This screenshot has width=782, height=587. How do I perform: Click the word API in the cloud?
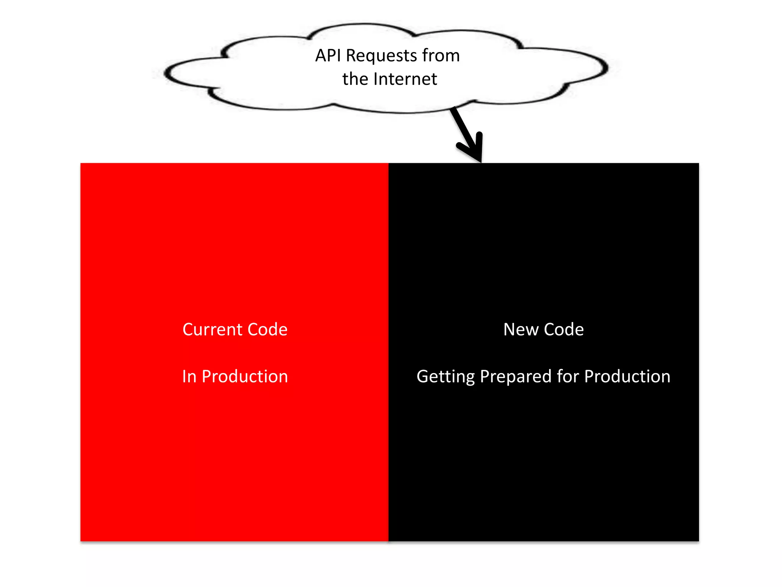point(328,56)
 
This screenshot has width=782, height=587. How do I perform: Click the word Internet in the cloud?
point(405,79)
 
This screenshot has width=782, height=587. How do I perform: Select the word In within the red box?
point(189,376)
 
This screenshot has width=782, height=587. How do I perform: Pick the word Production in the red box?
point(245,376)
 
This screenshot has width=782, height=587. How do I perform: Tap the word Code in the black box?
point(564,329)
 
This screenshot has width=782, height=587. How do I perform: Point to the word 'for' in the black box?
point(567,376)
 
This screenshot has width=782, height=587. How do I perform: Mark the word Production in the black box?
point(627,376)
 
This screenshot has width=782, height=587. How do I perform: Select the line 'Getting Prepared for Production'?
point(543,377)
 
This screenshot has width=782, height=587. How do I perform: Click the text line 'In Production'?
point(235,376)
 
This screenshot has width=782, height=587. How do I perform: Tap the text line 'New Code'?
point(543,329)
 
